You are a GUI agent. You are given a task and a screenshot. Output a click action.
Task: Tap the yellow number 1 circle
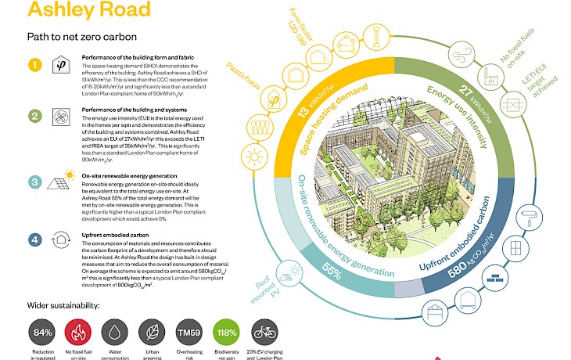(x=34, y=65)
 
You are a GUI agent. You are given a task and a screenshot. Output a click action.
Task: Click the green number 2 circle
(x=34, y=117)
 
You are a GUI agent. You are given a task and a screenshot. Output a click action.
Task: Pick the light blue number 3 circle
(x=34, y=182)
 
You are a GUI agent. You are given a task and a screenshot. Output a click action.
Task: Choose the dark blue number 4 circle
(x=34, y=241)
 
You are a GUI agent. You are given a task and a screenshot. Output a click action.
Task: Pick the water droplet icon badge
(x=117, y=332)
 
